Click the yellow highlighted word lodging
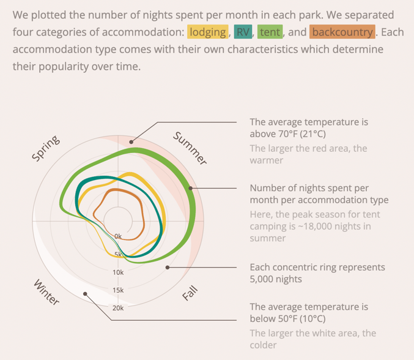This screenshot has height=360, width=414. tap(208, 32)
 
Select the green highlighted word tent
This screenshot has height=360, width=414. tap(270, 32)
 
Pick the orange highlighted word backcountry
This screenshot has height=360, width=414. tap(342, 32)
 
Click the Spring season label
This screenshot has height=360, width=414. tap(46, 149)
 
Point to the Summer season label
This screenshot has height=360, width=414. tap(190, 148)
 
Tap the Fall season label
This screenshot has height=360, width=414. tap(191, 293)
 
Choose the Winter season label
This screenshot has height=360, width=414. tap(46, 292)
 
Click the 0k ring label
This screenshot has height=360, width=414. tap(118, 236)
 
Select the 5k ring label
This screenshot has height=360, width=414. tap(118, 254)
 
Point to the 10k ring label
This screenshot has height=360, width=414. tap(118, 272)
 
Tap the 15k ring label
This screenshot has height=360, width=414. tap(118, 290)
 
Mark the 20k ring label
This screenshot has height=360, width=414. tap(118, 308)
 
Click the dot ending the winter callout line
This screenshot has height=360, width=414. tap(86, 293)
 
